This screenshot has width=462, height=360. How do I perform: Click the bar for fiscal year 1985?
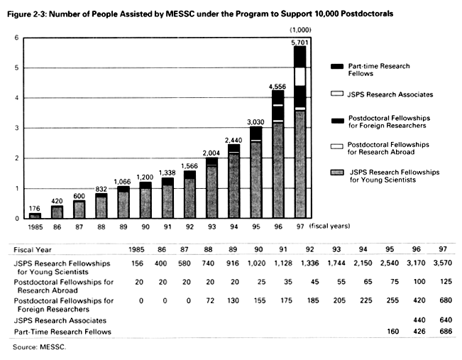pos(35,216)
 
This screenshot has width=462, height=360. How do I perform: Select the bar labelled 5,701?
pos(300,132)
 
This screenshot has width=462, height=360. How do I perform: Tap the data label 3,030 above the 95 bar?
pos(255,121)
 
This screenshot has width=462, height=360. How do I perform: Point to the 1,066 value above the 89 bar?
pos(123,182)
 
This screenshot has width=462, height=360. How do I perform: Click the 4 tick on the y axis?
pos(17,98)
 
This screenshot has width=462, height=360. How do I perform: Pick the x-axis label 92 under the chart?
pos(189,227)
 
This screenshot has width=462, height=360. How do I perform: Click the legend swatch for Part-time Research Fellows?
pos(337,66)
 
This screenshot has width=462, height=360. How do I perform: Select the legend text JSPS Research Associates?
pos(390,94)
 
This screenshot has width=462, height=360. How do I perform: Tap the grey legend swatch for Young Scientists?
pos(337,173)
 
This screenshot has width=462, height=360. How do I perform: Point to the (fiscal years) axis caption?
pos(330,226)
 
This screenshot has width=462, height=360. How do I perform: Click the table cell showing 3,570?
pos(443,263)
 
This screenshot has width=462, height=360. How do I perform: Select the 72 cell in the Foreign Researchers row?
pos(210,300)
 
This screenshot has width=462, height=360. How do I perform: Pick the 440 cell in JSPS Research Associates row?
pos(419,320)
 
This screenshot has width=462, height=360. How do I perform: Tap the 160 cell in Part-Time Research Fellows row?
pos(392,332)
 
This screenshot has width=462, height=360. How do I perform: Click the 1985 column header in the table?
pos(136,249)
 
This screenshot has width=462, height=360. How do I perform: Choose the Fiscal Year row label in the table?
pos(33,250)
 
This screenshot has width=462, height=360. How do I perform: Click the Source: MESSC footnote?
pos(39,347)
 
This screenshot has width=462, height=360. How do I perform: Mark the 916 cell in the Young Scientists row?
pos(233,263)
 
